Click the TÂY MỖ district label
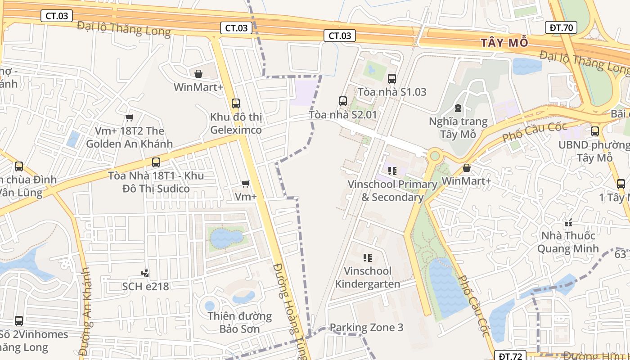click(x=504, y=43)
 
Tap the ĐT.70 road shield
click(x=561, y=27)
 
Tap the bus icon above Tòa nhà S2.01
click(x=343, y=101)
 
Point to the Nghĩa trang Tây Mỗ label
click(x=458, y=128)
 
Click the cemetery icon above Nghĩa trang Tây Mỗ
click(x=458, y=108)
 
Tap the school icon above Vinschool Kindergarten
click(x=368, y=258)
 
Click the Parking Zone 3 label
click(x=366, y=328)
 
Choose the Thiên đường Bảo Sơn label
click(x=239, y=322)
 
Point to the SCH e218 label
click(x=145, y=286)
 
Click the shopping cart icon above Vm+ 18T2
click(x=130, y=117)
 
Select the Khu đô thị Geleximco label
click(x=236, y=124)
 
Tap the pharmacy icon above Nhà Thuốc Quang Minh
click(x=568, y=223)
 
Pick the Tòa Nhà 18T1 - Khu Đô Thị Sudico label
click(x=156, y=182)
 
